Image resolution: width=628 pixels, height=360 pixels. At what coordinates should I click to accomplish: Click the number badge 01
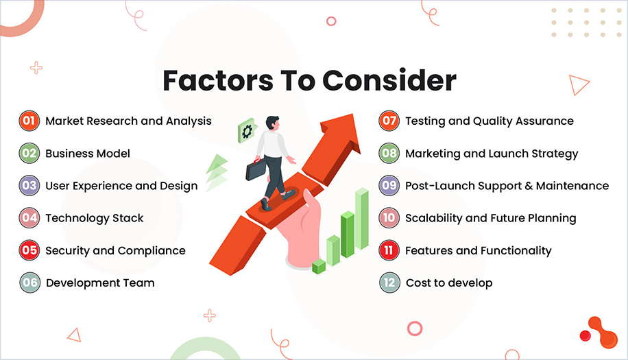coord(29,121)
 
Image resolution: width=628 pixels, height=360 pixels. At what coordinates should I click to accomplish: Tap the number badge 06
coord(29,283)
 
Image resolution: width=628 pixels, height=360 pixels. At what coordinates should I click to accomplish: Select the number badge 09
coord(389,186)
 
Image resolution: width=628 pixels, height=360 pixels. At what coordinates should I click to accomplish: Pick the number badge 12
coord(389,283)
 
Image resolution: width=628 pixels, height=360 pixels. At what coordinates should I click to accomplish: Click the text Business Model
coord(88,154)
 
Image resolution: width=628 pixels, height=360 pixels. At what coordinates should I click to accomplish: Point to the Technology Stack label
coord(95,218)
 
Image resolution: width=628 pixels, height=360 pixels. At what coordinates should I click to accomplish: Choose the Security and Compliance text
coord(115,250)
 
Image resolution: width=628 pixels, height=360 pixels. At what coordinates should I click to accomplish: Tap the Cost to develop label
coord(449,283)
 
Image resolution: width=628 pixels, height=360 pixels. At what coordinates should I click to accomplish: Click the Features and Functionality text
coord(478,250)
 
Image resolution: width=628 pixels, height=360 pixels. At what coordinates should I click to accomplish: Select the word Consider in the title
coord(389,81)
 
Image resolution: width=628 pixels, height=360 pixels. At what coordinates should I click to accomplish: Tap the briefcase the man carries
coord(256,168)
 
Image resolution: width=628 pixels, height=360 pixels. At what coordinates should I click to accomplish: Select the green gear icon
coord(245,131)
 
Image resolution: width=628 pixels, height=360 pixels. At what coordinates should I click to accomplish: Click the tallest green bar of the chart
coord(361,217)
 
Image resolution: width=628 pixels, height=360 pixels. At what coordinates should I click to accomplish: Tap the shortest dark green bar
coord(319,265)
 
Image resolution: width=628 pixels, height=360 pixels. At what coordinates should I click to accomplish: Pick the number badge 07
coord(389,121)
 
